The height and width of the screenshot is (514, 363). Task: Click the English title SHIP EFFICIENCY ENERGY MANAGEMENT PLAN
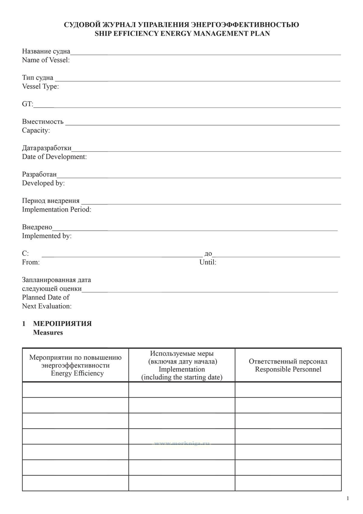click(x=182, y=34)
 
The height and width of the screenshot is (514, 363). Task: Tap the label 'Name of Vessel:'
click(x=46, y=60)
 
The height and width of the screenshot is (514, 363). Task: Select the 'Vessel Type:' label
click(x=40, y=86)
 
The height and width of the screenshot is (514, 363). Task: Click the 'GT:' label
click(x=28, y=104)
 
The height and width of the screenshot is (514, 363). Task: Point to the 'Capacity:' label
click(x=36, y=131)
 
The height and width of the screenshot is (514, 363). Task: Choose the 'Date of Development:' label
click(x=54, y=157)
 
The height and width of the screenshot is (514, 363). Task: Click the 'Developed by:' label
click(x=43, y=183)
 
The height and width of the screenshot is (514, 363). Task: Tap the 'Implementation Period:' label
click(x=56, y=210)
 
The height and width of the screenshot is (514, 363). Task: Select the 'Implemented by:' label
click(x=47, y=236)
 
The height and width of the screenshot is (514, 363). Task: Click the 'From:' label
click(x=31, y=262)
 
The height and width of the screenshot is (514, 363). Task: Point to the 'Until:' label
click(x=208, y=262)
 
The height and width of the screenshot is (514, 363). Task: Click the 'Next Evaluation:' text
click(x=47, y=306)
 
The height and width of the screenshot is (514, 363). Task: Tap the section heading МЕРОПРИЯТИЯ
click(x=62, y=324)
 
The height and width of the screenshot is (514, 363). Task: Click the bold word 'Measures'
click(x=48, y=333)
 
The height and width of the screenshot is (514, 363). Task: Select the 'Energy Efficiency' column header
click(x=77, y=373)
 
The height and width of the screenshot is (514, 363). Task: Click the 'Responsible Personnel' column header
click(x=288, y=369)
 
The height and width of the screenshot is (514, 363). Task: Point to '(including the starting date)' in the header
click(x=182, y=377)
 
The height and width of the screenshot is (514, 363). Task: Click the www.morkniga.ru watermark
click(x=181, y=444)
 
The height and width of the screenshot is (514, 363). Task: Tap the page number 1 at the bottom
click(x=348, y=498)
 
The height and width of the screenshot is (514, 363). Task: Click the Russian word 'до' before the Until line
click(x=208, y=253)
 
